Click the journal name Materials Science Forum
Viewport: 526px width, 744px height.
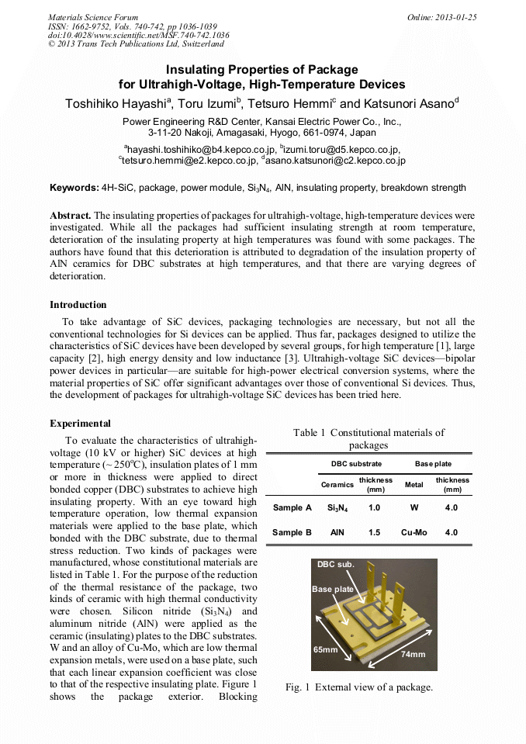(93, 17)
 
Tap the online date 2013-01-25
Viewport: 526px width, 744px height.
(441, 17)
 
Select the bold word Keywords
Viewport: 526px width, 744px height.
(74, 188)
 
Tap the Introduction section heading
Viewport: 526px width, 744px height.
(78, 304)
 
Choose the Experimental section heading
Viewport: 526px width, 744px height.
(81, 424)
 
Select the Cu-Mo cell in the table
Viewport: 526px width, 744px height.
(415, 532)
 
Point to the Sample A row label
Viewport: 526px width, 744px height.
(292, 507)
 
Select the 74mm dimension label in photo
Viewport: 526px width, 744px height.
(412, 654)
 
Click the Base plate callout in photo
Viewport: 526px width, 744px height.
(332, 590)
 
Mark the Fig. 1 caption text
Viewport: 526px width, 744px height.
(358, 687)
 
